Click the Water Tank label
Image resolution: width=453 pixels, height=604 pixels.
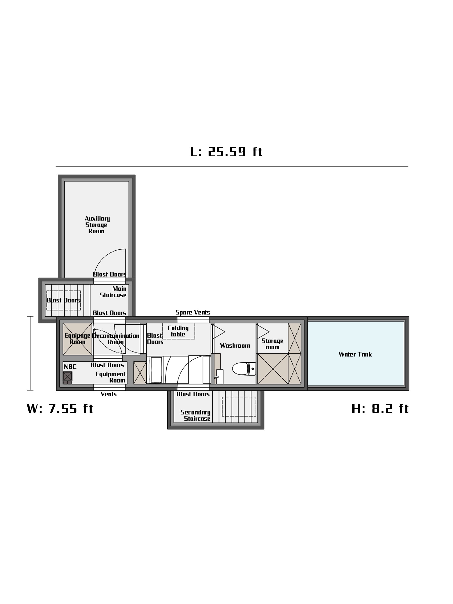[x=355, y=354]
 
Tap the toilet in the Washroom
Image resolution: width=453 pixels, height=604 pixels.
[x=244, y=369]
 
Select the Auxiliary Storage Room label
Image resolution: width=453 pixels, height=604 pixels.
[x=97, y=225]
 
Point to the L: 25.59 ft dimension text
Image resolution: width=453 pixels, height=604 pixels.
[x=226, y=152]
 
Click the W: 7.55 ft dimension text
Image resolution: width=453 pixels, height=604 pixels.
[x=60, y=408]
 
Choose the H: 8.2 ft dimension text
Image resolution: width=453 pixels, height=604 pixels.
[x=380, y=408]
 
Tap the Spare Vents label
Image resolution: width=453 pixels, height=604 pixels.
[x=193, y=312]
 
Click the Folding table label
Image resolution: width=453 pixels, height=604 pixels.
[x=178, y=331]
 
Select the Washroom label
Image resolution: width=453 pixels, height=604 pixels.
[x=235, y=346]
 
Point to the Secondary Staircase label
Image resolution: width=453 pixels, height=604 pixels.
[x=196, y=415]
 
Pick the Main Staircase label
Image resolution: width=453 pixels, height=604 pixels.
[x=113, y=292]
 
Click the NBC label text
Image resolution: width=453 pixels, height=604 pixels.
[x=70, y=367]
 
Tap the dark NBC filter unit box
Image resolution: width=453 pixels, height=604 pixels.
[x=67, y=376]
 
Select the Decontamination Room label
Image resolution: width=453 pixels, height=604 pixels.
[x=116, y=339]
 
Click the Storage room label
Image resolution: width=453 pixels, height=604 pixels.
[x=272, y=344]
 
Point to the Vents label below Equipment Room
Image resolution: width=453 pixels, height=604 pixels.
[x=108, y=394]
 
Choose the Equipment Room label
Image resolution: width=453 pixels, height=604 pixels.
[x=110, y=377]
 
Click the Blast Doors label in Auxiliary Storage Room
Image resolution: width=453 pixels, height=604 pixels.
[x=109, y=274]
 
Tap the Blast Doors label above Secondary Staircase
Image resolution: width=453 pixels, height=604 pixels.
[x=193, y=394]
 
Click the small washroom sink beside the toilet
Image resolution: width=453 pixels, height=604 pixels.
[x=219, y=376]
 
